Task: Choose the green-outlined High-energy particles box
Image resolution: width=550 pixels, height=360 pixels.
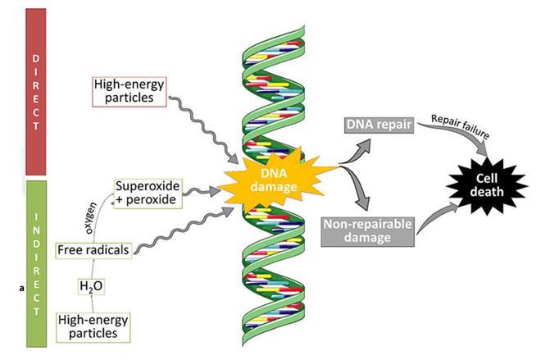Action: tap(92, 326)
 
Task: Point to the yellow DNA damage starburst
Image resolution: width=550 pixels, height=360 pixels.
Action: tap(279, 176)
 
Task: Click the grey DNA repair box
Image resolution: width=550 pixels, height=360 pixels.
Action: tap(374, 125)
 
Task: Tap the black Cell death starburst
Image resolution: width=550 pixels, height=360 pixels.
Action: tap(484, 185)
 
